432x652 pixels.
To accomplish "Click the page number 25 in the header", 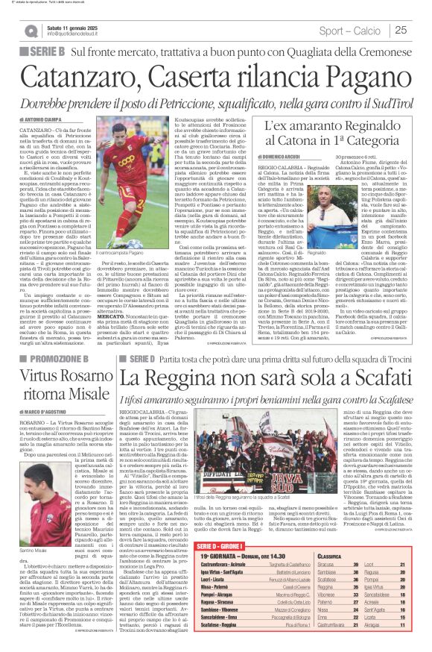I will click(400, 30).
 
